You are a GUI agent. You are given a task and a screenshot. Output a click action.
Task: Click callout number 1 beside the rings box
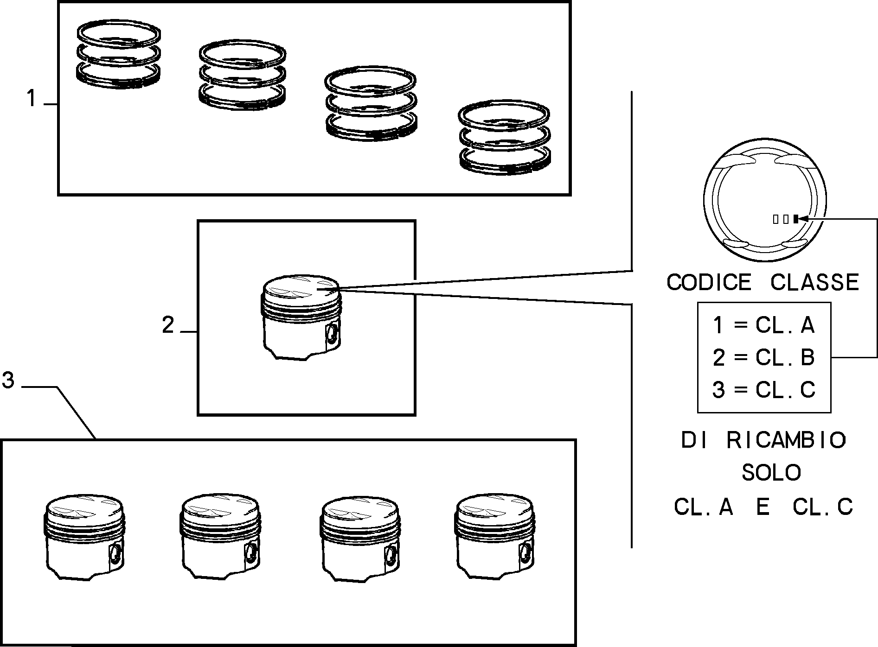pyautogui.click(x=31, y=99)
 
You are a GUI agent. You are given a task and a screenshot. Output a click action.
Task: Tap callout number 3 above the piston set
pyautogui.click(x=8, y=381)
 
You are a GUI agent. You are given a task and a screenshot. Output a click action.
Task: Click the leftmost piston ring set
pyautogui.click(x=119, y=54)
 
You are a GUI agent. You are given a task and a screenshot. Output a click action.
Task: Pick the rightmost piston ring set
pyautogui.click(x=505, y=137)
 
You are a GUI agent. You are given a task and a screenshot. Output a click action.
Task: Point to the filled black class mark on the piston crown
pyautogui.click(x=795, y=219)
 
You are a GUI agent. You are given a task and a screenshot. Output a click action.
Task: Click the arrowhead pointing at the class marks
pyautogui.click(x=803, y=219)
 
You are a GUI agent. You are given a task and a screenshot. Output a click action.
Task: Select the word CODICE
pyautogui.click(x=709, y=282)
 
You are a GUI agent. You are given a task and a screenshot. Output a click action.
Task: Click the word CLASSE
pyautogui.click(x=815, y=282)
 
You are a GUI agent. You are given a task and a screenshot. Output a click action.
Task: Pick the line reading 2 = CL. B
pyautogui.click(x=763, y=357)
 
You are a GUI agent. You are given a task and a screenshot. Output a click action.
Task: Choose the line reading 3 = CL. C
pyautogui.click(x=763, y=390)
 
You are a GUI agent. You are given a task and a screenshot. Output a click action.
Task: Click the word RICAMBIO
pyautogui.click(x=786, y=440)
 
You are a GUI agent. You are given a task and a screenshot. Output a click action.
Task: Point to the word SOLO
pyautogui.click(x=771, y=473)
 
